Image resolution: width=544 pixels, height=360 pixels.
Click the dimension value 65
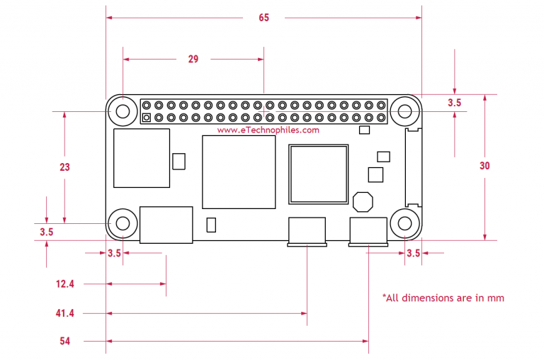tap(263, 18)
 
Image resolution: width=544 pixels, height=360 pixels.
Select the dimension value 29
tap(193, 60)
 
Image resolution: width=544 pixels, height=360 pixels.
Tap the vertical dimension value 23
tap(64, 168)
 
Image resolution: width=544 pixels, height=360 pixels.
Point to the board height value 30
tap(484, 166)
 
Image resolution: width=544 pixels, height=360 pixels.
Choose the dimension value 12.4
tap(65, 283)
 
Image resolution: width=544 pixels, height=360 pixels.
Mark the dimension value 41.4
tap(65, 313)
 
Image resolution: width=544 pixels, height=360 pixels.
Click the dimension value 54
tap(65, 341)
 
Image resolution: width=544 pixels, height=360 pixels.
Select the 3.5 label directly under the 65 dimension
tap(455, 103)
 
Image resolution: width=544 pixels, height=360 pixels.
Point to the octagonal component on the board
tap(363, 202)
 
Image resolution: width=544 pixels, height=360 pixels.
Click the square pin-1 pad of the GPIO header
tap(146, 118)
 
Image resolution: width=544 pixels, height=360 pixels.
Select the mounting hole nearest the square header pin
tap(123, 111)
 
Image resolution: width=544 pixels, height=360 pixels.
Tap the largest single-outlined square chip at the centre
tap(239, 171)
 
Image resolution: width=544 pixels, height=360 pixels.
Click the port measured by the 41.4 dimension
tap(306, 232)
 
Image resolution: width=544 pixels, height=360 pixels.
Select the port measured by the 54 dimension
tap(368, 232)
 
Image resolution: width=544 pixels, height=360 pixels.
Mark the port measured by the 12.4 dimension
tap(166, 225)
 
